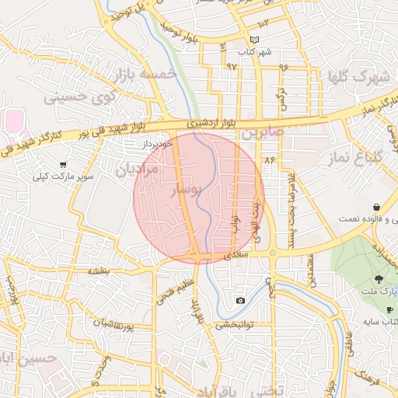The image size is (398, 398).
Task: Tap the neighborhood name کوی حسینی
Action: [79, 98]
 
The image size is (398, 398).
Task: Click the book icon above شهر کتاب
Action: [255, 40]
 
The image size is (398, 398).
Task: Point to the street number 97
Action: [231, 67]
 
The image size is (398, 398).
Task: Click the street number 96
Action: [284, 67]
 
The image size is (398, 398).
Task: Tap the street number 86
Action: [270, 159]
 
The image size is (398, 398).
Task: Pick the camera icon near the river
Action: [240, 301]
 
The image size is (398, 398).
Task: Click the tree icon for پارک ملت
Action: [379, 278]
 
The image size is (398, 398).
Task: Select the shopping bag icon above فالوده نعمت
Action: [376, 208]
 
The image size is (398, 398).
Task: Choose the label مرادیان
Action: [137, 169]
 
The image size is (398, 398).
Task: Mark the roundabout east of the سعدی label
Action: [273, 253]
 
